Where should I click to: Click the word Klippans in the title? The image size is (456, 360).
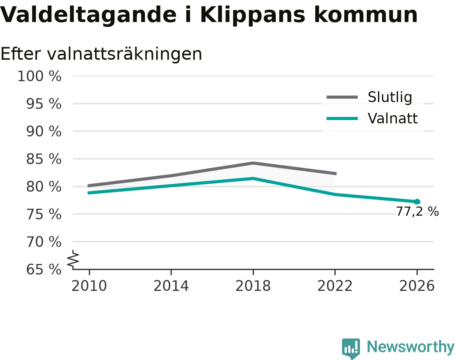(x=252, y=15)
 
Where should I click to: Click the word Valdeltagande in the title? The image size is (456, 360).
(x=88, y=15)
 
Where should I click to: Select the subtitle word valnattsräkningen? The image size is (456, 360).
(x=124, y=54)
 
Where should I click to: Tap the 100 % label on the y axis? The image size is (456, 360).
(x=39, y=76)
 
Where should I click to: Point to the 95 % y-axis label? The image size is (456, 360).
(x=43, y=104)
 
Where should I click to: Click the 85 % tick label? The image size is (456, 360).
(x=43, y=159)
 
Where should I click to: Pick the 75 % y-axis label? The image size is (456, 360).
(x=43, y=214)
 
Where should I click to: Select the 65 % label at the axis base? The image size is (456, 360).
(x=43, y=270)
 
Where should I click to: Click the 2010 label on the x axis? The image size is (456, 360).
(x=89, y=286)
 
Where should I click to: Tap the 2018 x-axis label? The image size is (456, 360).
(x=253, y=286)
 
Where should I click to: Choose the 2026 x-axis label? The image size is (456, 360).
(x=417, y=286)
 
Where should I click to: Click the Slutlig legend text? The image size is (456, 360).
(x=390, y=97)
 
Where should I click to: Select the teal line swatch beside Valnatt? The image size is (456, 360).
(x=342, y=118)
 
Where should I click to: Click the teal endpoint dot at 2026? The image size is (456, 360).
(x=417, y=202)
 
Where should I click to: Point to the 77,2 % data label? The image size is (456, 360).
(x=417, y=211)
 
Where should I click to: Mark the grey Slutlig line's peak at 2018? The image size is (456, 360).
(x=253, y=163)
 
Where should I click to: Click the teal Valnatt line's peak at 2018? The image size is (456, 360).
(x=253, y=178)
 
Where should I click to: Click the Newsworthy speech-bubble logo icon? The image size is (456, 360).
(x=351, y=348)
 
